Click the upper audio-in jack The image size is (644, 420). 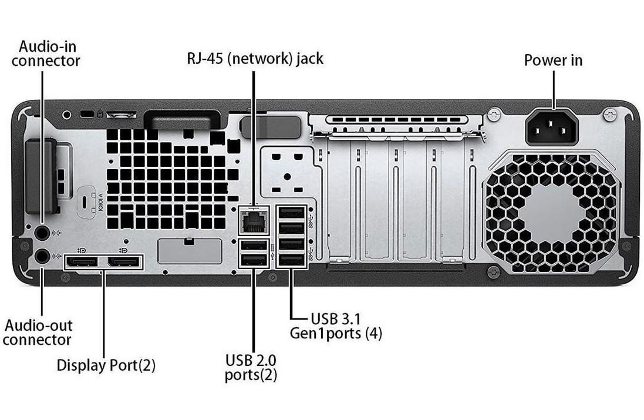point(42,233)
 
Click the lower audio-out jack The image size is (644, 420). point(42,256)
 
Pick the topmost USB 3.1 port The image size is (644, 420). point(292,213)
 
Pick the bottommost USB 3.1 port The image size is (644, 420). point(292,259)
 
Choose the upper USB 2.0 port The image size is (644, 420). point(254,246)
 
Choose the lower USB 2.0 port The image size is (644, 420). point(254,259)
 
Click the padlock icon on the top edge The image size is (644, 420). point(102,112)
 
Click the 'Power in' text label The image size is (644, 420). point(553,61)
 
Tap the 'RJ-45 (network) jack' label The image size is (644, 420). point(255,59)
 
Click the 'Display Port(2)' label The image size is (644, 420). point(106,365)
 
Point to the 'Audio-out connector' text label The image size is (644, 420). point(38,332)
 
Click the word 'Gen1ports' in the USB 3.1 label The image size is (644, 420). point(326,334)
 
